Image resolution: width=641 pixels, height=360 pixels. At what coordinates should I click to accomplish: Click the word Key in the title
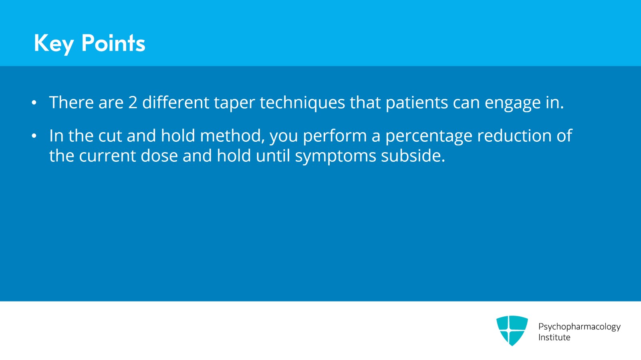click(x=54, y=44)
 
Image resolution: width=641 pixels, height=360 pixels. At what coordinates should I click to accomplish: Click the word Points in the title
click(x=113, y=43)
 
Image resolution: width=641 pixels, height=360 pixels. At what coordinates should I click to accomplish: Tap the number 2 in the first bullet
click(x=133, y=103)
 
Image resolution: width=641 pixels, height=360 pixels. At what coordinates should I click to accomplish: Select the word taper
click(x=234, y=103)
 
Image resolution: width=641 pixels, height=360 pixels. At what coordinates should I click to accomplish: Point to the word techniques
click(x=302, y=103)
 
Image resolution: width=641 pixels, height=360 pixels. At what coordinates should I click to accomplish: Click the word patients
click(x=417, y=103)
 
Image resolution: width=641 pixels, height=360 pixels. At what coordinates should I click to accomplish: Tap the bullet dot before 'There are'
click(x=34, y=103)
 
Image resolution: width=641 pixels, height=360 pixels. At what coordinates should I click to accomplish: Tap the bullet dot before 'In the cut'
click(x=34, y=136)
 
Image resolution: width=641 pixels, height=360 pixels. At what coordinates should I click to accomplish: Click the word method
click(x=232, y=135)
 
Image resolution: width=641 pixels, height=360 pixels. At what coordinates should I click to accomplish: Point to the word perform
click(x=335, y=136)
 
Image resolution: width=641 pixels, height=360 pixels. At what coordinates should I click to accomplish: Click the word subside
click(x=413, y=156)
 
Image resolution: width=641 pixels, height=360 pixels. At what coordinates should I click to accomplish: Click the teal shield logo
click(x=512, y=330)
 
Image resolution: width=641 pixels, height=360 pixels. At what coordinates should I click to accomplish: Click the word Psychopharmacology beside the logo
click(x=579, y=327)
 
